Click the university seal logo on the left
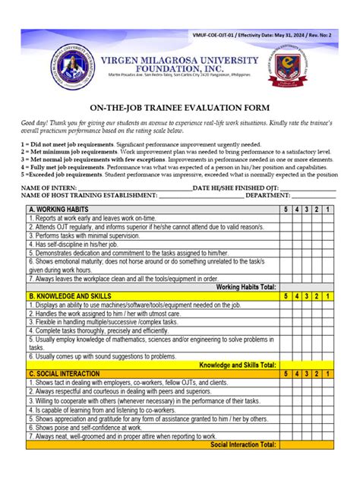(73, 73)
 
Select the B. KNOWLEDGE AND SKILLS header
(70, 295)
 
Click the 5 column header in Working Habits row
(286, 209)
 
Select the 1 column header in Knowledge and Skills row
(327, 295)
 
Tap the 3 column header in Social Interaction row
(307, 374)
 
